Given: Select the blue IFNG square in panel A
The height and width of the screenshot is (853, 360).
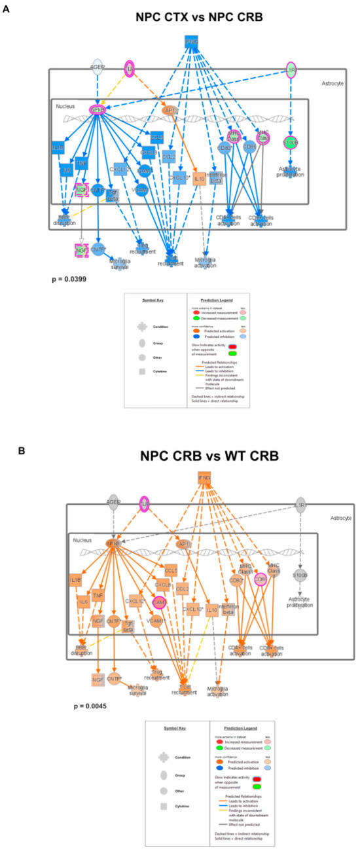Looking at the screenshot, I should tap(192, 43).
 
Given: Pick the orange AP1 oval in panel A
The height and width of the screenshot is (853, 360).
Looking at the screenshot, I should tap(170, 111).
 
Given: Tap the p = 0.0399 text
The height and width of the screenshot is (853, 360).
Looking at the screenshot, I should tap(69, 279).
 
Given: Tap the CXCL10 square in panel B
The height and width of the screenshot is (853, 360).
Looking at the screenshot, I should tap(190, 611).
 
